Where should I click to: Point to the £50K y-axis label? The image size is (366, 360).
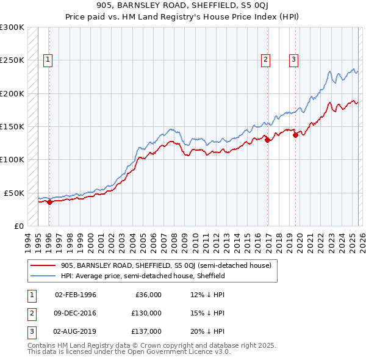click(13, 193)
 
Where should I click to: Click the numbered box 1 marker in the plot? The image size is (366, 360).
click(48, 60)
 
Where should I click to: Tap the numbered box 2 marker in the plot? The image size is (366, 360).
click(266, 60)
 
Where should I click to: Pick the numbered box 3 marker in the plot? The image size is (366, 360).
click(293, 60)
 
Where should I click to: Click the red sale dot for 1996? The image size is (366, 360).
click(50, 203)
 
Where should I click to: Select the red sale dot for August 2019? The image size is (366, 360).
click(295, 135)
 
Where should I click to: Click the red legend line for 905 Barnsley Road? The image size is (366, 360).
click(44, 265)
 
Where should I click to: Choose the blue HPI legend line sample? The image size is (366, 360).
click(44, 276)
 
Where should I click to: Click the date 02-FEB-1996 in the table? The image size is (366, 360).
click(76, 295)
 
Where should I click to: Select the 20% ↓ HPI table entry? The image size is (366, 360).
click(207, 331)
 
